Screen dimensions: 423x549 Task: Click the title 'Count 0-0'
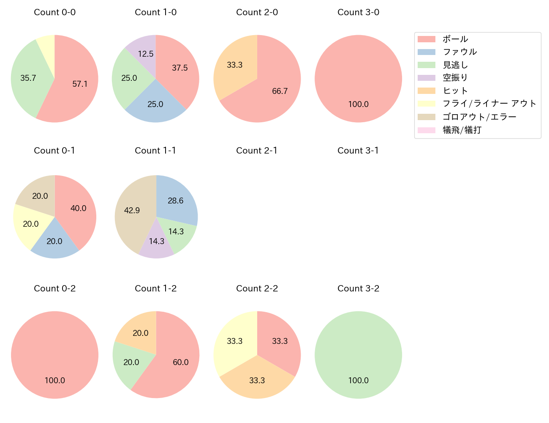54,12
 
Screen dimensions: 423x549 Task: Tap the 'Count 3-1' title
358,151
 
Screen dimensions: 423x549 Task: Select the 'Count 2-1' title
257,151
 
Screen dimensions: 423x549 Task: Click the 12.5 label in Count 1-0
146,54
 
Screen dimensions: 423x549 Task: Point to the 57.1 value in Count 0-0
80,84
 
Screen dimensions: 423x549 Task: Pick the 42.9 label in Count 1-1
132,210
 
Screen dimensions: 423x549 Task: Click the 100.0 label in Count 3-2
358,380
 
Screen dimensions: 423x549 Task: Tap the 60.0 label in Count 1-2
181,362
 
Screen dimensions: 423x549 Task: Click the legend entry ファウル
459,52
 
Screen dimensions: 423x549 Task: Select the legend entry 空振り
455,78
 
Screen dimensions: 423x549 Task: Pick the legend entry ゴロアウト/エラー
479,117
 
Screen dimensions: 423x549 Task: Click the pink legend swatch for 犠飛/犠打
426,130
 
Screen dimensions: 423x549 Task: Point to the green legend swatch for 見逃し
426,65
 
